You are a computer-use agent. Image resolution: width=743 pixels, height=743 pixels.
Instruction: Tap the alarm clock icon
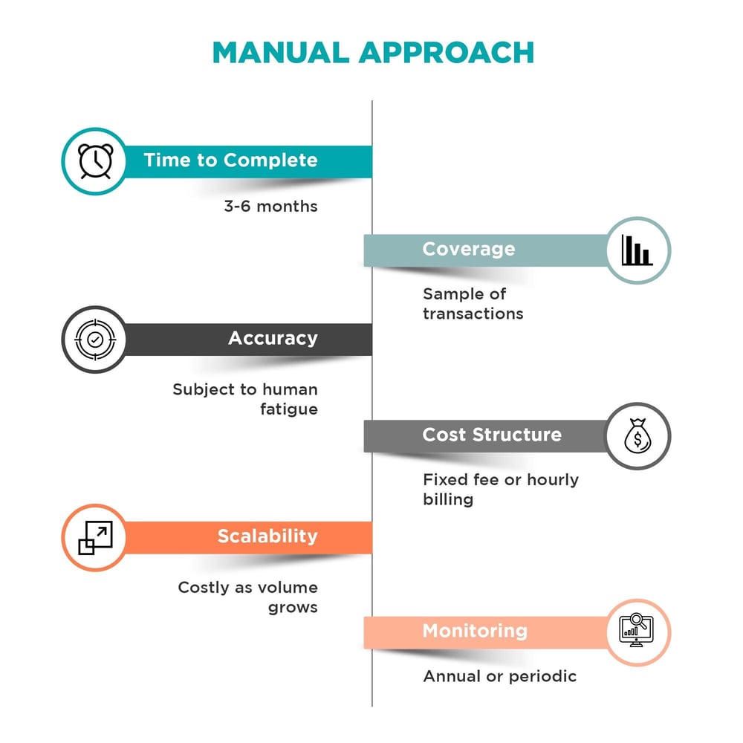tap(95, 160)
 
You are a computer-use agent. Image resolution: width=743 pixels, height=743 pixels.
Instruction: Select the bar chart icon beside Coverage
tap(637, 250)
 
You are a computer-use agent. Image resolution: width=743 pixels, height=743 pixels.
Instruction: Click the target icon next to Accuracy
tap(95, 340)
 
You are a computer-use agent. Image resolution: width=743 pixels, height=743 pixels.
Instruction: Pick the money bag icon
tap(637, 436)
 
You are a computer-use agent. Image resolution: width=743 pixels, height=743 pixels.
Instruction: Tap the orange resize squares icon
tap(95, 537)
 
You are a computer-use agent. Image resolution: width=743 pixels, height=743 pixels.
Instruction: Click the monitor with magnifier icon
tap(637, 632)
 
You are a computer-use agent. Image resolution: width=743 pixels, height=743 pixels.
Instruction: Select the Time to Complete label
tap(230, 160)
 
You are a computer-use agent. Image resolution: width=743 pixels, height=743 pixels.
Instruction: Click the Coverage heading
tap(468, 249)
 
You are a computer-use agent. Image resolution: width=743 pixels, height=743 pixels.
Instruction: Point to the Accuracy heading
tap(273, 339)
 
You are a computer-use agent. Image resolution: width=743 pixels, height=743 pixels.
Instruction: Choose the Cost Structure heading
tap(492, 435)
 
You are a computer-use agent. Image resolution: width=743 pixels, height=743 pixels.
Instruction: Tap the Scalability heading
tap(267, 536)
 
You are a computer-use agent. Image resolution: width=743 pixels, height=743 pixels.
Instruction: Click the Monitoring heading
tap(475, 632)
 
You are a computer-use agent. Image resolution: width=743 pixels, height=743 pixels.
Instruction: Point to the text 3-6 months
tap(270, 207)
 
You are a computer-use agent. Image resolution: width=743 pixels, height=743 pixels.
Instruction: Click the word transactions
tap(473, 314)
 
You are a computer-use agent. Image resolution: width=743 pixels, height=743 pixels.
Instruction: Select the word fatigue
tap(289, 409)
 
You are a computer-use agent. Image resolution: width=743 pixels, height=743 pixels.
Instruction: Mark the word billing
tap(448, 499)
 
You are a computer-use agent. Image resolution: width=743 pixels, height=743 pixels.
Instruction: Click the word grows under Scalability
tap(293, 608)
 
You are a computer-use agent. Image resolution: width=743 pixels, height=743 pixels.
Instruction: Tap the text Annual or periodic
tap(499, 676)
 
